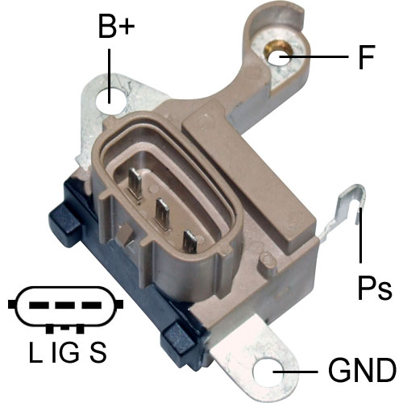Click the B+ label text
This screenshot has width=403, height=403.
(117, 26)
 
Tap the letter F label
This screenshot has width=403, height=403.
(367, 57)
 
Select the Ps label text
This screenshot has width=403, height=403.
(375, 288)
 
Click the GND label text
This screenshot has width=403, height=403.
(362, 370)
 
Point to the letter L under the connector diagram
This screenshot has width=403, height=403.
(35, 351)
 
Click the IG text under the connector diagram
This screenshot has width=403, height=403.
(65, 351)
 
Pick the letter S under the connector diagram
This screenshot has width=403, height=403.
(98, 351)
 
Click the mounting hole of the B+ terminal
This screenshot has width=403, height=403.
(110, 101)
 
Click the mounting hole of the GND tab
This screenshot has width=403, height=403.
(268, 372)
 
